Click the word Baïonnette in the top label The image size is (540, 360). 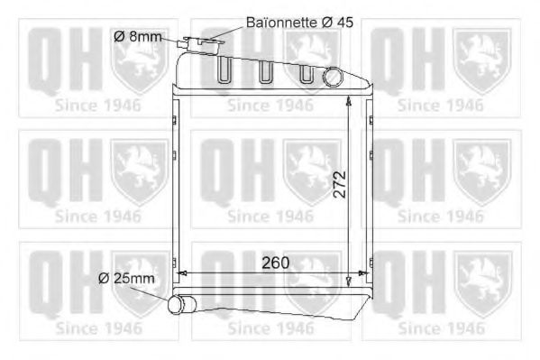281,23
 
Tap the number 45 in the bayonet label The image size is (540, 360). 345,23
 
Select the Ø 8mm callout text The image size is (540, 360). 137,36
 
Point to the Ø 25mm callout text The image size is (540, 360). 126,278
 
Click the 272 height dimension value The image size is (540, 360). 340,184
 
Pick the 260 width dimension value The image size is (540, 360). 276,263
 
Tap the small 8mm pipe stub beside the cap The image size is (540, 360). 180,44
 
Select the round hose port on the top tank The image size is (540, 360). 333,77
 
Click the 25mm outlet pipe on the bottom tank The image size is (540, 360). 181,304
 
